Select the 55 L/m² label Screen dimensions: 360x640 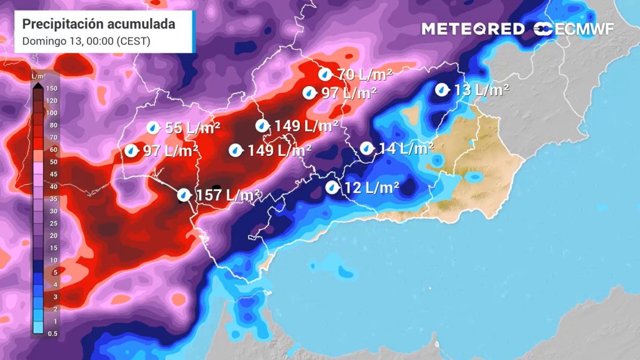(193, 128)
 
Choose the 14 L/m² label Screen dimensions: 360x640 (406, 148)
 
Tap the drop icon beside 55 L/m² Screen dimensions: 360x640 (153, 128)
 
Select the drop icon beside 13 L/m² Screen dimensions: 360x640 (441, 90)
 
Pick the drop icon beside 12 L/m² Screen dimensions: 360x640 (332, 187)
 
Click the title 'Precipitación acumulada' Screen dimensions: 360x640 (99, 24)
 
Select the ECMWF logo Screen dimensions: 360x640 (573, 29)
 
